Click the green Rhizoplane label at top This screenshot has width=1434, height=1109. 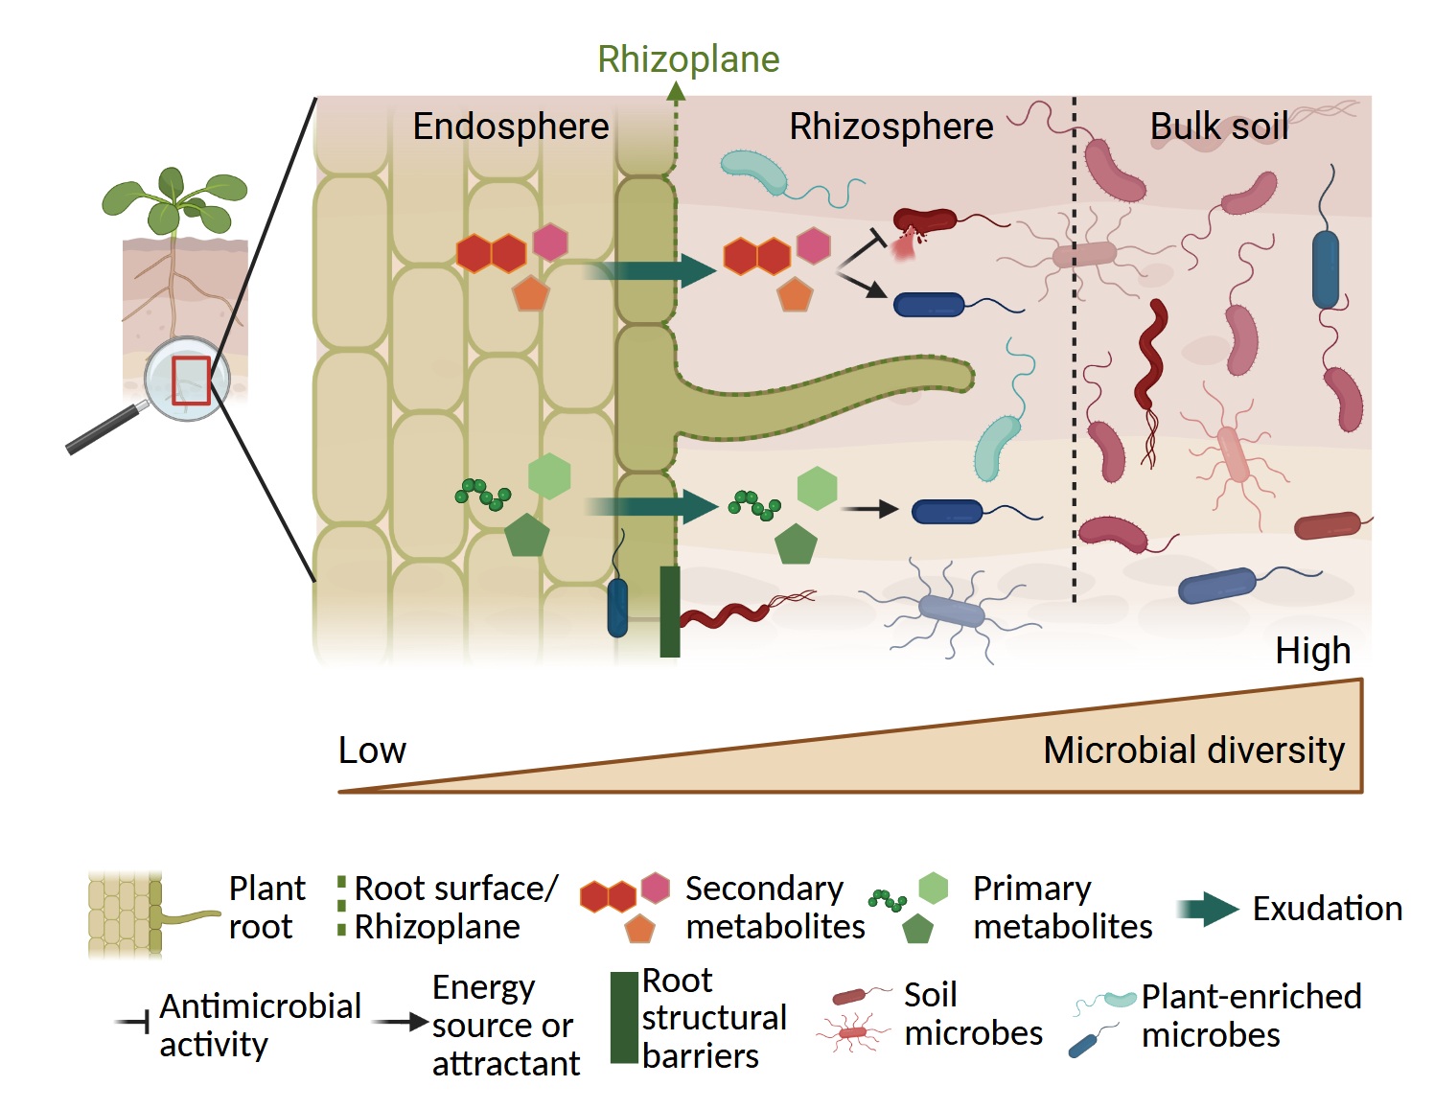(x=688, y=59)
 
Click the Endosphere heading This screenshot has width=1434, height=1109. (x=510, y=127)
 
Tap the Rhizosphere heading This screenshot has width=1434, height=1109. (x=890, y=127)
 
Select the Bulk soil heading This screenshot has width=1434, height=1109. (x=1218, y=127)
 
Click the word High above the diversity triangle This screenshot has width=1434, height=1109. (x=1312, y=651)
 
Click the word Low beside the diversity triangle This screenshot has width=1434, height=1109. (x=372, y=751)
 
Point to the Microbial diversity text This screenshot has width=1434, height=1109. (x=1193, y=751)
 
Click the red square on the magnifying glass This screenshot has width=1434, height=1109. (x=191, y=380)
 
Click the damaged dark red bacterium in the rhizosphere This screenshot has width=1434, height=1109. (x=923, y=222)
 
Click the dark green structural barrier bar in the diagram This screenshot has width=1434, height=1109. (x=670, y=612)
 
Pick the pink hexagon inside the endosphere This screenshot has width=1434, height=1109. (x=550, y=242)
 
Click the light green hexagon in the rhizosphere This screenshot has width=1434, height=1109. (x=817, y=488)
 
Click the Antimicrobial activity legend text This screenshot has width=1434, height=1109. (x=260, y=1025)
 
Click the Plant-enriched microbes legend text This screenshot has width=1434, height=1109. (x=1250, y=1016)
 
